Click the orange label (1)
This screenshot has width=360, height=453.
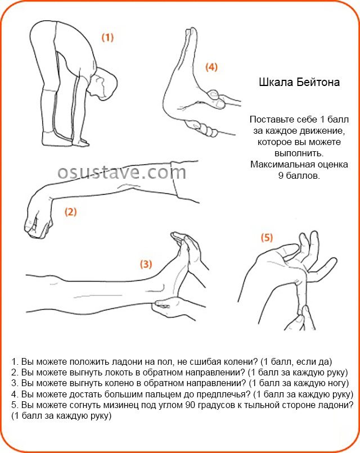(x=107, y=38)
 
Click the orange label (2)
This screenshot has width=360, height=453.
(x=70, y=212)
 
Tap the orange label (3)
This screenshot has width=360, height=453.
(x=145, y=264)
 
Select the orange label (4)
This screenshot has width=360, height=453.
(x=211, y=67)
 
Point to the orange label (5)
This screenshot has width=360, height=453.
(x=267, y=238)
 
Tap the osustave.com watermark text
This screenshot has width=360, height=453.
(x=121, y=172)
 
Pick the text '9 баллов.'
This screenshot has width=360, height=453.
(x=299, y=175)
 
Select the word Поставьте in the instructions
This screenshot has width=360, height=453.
(x=272, y=120)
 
